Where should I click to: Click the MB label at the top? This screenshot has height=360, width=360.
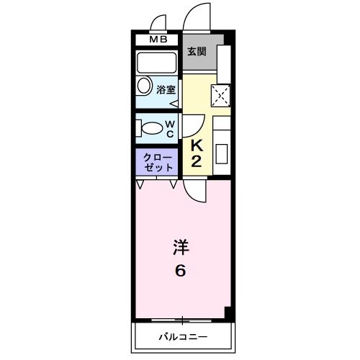tap(158, 40)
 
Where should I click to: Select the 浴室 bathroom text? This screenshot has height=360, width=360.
tap(167, 90)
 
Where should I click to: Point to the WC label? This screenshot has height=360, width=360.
tap(171, 128)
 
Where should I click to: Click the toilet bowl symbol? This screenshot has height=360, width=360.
tap(150, 129)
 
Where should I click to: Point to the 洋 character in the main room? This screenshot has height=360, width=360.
tap(180, 248)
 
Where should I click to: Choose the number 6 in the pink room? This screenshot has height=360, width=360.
tap(180, 271)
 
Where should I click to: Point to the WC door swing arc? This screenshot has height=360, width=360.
tap(194, 127)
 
